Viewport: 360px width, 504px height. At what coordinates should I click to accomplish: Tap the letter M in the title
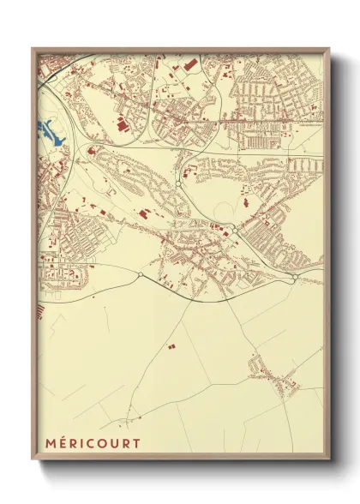45,443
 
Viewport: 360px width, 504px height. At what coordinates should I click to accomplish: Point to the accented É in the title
58,443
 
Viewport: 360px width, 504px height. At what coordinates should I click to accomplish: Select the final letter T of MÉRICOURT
136,443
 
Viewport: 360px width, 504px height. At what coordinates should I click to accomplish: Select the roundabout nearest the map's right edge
294,278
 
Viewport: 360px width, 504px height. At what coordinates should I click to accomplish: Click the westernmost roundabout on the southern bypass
140,275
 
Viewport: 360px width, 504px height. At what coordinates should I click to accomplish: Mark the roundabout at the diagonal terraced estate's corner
235,230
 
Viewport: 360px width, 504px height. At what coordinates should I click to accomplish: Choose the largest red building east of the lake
120,125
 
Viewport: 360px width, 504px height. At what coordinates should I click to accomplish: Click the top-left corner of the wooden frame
33,49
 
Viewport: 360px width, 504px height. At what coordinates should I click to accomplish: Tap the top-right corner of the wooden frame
328,49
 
